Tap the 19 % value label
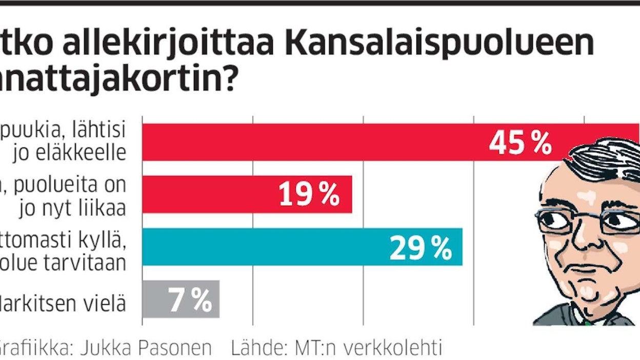click(309, 195)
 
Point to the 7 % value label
click(190, 301)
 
